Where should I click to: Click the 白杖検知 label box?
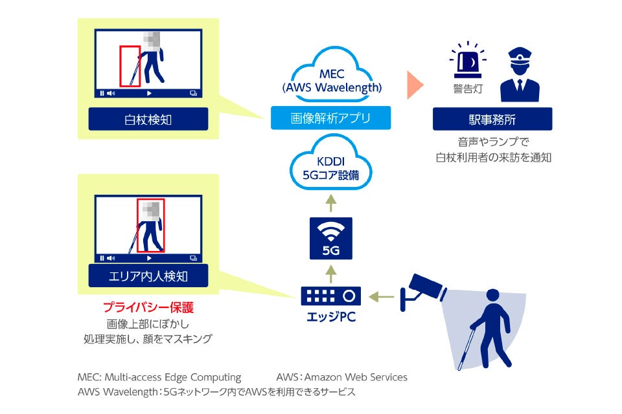pyautogui.click(x=148, y=119)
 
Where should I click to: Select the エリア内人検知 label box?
pyautogui.click(x=148, y=276)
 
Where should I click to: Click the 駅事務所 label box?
pyautogui.click(x=492, y=119)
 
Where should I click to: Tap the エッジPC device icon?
pyautogui.click(x=330, y=296)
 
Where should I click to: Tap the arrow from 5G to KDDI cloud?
pyautogui.click(x=331, y=204)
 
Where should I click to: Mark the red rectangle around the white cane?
pyautogui.click(x=130, y=65)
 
